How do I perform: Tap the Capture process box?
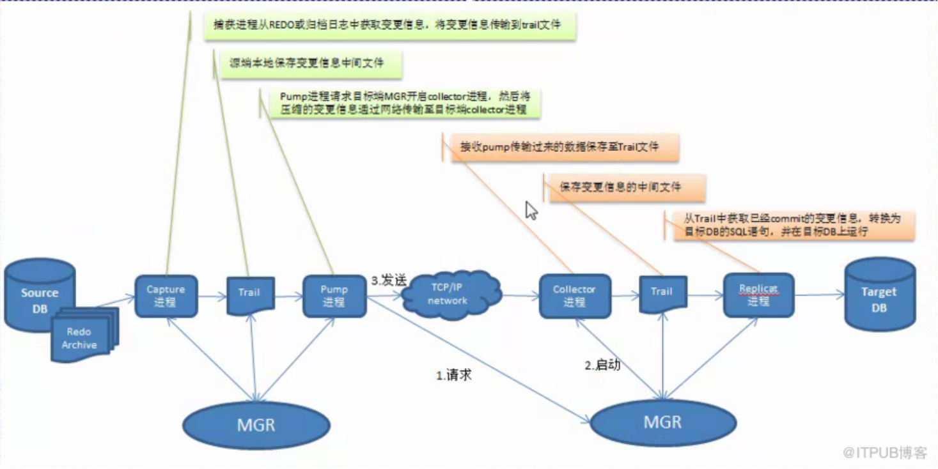click(166, 296)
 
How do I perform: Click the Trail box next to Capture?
click(250, 294)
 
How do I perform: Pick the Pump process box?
click(334, 296)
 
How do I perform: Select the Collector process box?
click(574, 296)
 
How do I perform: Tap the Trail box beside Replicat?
click(662, 293)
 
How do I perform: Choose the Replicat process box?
click(758, 295)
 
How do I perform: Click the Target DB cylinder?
click(879, 296)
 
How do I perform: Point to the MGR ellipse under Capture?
click(256, 424)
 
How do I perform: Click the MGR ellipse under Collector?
click(662, 422)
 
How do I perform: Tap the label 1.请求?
click(454, 375)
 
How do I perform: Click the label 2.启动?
click(602, 365)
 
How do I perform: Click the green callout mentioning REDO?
click(389, 25)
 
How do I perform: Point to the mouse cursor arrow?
click(531, 210)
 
